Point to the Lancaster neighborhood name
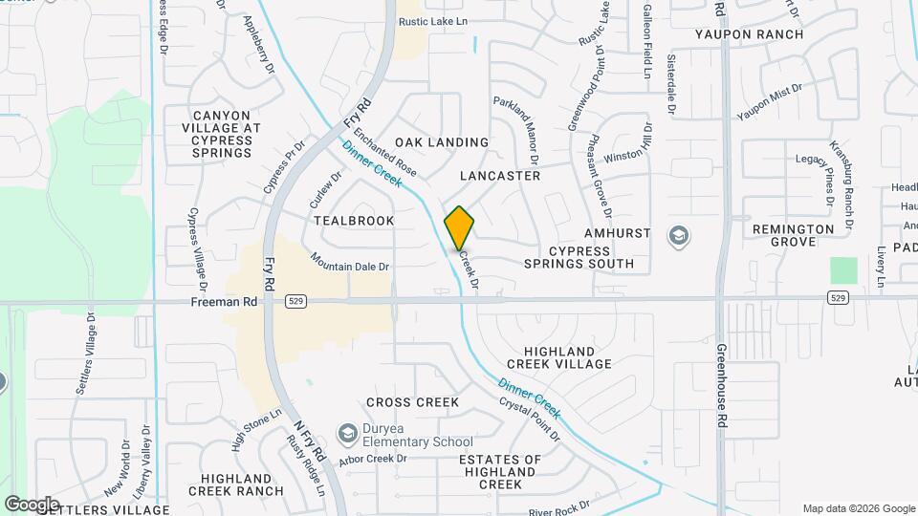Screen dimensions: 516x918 500,176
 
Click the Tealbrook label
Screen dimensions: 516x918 354,220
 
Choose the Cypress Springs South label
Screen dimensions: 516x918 579,257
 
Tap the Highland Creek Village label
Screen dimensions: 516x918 559,357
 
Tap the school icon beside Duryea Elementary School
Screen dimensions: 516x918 346,435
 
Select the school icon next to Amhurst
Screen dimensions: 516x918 679,235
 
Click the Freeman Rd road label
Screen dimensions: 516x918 226,301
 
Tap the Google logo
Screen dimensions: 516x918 32,504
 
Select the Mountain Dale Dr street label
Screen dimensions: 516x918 350,262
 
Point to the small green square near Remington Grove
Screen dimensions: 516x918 843,270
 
